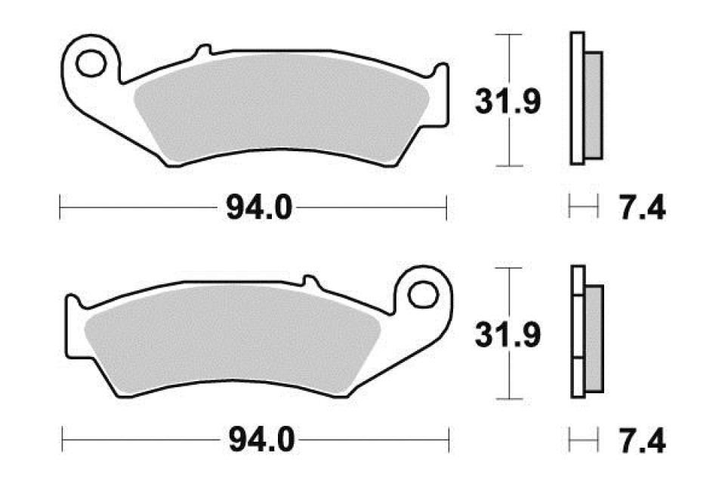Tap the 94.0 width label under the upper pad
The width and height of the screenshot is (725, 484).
(x=257, y=206)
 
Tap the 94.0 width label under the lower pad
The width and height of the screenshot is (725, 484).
(x=257, y=438)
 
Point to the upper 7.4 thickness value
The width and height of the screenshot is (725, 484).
(x=641, y=206)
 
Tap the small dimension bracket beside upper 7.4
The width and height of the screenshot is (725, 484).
(x=583, y=205)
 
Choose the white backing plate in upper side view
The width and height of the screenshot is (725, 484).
(x=577, y=98)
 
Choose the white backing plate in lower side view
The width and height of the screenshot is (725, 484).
(x=578, y=333)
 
